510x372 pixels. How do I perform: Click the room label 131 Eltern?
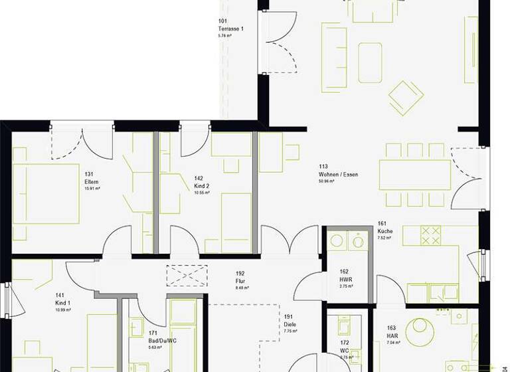point(92,182)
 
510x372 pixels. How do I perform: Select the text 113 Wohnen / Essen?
point(338,174)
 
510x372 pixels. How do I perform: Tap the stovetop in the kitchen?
point(430,235)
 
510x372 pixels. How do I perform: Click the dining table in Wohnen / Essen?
point(415,175)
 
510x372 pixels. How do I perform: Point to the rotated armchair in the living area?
point(406,98)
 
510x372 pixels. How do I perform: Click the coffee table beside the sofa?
point(370,62)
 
